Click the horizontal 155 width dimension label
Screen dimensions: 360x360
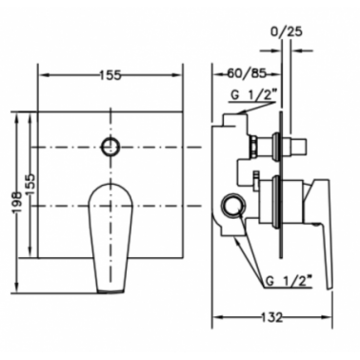[110, 75]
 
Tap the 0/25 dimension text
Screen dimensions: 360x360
[286, 31]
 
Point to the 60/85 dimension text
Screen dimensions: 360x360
[247, 74]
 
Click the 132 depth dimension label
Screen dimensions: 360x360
[272, 317]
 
